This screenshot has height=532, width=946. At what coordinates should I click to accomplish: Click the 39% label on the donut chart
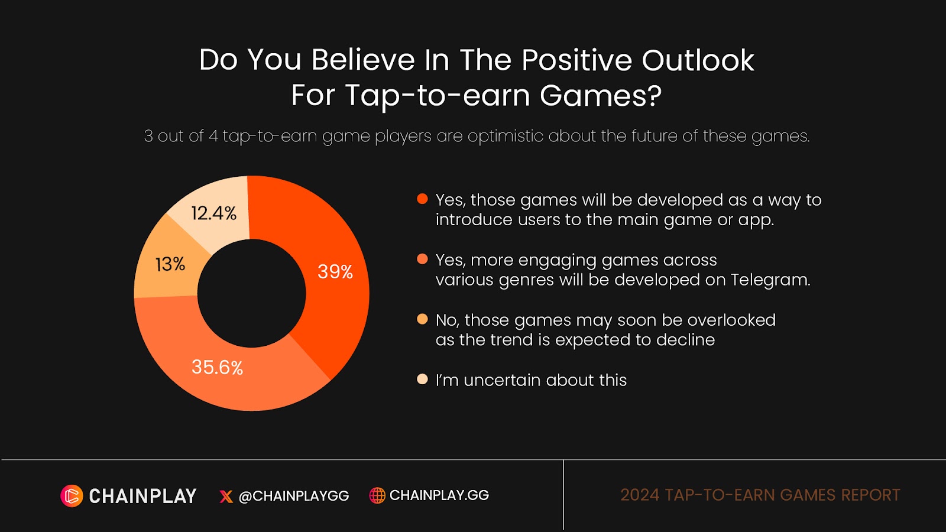coord(335,272)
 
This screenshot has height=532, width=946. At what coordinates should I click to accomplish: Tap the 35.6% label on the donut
coord(217,367)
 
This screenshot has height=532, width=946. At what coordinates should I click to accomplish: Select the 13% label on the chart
coord(170,265)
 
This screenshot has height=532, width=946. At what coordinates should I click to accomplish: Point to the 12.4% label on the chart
coord(213,213)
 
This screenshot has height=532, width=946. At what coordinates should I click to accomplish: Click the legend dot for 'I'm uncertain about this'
coord(422,379)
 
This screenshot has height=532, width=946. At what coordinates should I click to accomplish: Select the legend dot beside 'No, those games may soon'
coord(422,319)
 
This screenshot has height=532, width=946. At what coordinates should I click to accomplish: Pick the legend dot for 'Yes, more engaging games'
coord(422,259)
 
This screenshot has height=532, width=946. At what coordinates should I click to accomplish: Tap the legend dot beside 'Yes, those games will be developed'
coord(422,199)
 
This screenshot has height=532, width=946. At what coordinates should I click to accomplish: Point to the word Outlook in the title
coord(698,60)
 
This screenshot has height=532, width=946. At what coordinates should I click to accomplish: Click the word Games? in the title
coord(600,95)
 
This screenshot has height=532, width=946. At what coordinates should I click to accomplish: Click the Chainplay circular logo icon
coord(72,496)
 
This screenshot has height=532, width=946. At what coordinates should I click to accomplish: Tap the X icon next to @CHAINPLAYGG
coord(226,497)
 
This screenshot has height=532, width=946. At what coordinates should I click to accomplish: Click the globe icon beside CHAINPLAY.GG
coord(377,495)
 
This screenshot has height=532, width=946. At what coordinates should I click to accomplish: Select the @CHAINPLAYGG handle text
coord(294,496)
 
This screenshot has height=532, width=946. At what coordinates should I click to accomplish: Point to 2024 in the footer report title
coord(639,495)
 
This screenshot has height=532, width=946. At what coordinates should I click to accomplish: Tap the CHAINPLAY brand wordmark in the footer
coord(142,496)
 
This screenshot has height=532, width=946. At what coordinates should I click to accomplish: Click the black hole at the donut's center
coord(252,293)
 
